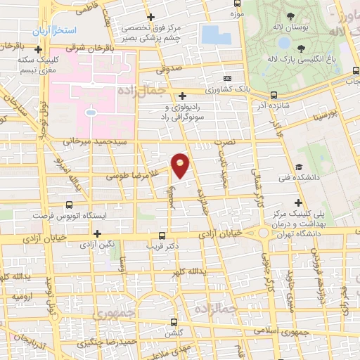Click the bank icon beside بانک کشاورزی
tap(227, 78)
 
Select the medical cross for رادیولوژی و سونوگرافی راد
tap(182, 96)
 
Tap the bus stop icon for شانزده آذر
tap(274, 95)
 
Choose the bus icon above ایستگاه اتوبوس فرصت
tap(69, 204)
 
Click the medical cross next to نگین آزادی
tap(97, 233)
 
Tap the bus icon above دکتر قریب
tap(162, 236)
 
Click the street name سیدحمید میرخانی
tap(86, 142)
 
